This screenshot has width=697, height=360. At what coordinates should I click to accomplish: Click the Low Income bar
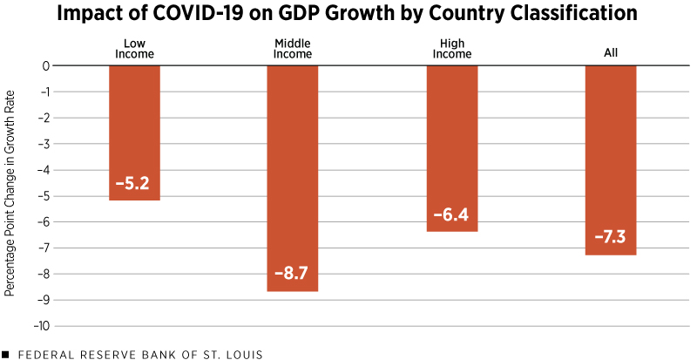click(134, 131)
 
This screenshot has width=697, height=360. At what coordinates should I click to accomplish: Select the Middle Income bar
click(293, 174)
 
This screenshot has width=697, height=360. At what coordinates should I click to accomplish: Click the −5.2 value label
click(134, 185)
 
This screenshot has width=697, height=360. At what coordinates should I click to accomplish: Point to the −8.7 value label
click(293, 275)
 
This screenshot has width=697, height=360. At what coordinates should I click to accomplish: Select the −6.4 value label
click(451, 214)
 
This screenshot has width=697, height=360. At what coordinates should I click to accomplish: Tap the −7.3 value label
click(611, 238)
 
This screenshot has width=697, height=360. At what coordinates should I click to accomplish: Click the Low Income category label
click(134, 48)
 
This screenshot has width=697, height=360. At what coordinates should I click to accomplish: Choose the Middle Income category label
click(293, 48)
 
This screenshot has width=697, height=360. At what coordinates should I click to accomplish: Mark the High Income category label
click(451, 48)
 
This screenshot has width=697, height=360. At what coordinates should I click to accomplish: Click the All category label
click(611, 54)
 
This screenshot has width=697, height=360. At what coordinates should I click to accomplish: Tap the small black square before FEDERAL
click(6, 354)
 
